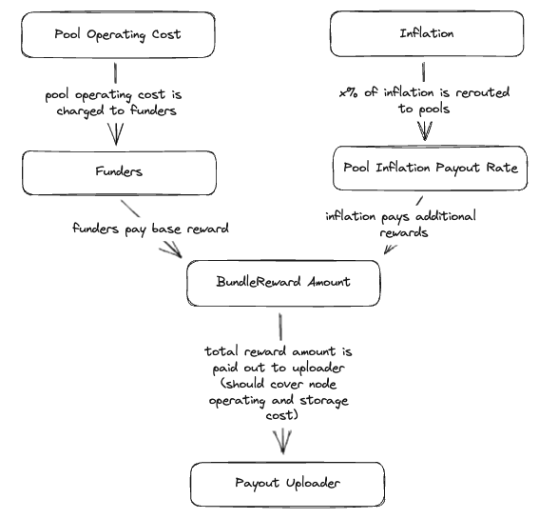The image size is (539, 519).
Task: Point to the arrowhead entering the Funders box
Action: point(116,134)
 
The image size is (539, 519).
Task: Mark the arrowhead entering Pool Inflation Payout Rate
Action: point(425,130)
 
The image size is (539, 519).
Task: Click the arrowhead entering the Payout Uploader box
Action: point(282,442)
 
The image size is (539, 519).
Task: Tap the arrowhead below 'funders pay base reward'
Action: point(172,250)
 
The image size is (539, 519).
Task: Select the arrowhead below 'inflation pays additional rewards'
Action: point(390,249)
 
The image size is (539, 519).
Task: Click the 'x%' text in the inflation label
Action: point(349,92)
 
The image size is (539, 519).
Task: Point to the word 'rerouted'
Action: point(483,92)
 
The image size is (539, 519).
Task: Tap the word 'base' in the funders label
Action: point(166,229)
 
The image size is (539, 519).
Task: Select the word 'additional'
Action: point(446,216)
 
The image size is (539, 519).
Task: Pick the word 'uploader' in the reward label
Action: point(318,369)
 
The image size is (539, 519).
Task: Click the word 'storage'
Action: point(324,401)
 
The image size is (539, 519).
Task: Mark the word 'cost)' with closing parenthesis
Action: point(281,414)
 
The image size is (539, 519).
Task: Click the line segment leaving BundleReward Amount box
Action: point(280,327)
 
